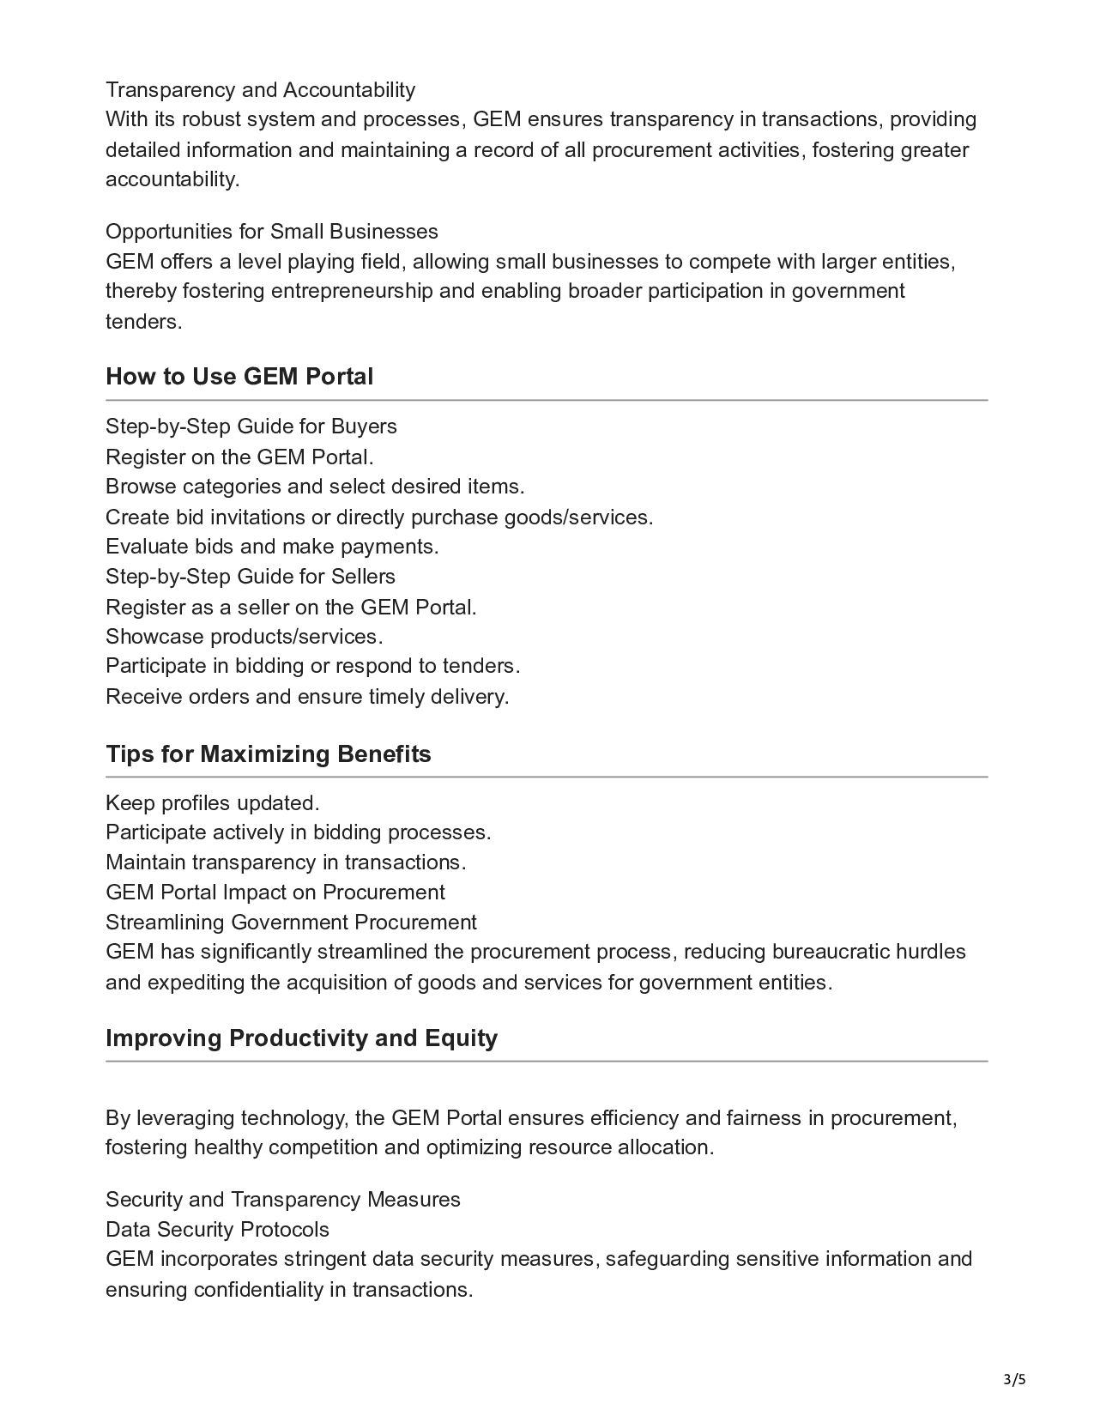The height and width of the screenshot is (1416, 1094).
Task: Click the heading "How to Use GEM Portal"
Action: click(239, 377)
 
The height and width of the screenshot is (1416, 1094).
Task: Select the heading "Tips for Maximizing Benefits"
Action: click(268, 754)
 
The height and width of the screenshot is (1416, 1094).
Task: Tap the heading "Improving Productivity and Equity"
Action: click(301, 1038)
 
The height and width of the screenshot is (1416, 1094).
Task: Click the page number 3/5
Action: click(1015, 1380)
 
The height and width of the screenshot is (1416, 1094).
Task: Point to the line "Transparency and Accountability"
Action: click(260, 90)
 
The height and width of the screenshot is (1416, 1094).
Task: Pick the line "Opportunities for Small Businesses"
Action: click(271, 232)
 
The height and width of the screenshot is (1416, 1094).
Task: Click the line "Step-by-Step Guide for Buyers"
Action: click(251, 427)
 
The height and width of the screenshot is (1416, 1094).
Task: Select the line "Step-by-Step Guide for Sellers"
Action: click(250, 577)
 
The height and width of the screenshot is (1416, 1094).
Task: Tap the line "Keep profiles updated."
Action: click(212, 803)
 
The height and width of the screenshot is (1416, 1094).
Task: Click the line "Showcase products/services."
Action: click(244, 637)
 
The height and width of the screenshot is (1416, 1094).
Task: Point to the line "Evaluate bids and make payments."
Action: click(272, 547)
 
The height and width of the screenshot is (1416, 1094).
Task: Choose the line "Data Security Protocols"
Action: click(217, 1230)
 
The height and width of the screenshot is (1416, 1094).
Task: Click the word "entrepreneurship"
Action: click(352, 291)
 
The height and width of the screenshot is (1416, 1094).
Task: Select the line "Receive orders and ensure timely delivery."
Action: click(307, 697)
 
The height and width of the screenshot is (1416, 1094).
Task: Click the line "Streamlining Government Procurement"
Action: click(291, 923)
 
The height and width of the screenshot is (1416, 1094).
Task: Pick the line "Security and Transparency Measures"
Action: click(282, 1200)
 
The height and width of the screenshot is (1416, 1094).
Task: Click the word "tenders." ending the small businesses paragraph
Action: click(143, 322)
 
